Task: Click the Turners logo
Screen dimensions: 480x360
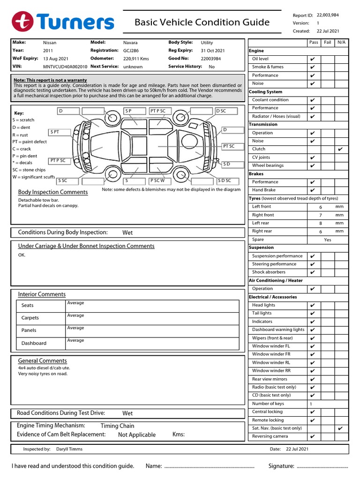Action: [63, 22]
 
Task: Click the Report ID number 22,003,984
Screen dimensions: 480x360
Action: [328, 15]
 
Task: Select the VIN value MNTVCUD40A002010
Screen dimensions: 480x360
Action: [65, 67]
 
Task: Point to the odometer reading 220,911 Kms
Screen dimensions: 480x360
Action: [136, 59]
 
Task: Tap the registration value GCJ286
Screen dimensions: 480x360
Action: [131, 51]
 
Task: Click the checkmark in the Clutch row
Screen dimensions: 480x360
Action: [340, 149]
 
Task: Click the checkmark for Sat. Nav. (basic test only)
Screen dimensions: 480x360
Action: [340, 428]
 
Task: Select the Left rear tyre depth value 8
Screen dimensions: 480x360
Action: [321, 224]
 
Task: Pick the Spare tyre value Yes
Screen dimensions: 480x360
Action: [328, 240]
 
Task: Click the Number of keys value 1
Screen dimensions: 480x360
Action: [311, 404]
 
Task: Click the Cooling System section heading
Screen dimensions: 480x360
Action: [265, 92]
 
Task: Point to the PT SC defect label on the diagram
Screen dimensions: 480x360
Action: [229, 146]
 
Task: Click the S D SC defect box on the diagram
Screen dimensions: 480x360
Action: [224, 180]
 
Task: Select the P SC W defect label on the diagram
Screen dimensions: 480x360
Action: [157, 180]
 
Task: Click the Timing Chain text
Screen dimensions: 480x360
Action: [117, 426]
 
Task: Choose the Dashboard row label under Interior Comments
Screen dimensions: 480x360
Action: [34, 343]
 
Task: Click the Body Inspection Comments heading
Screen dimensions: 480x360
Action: [53, 192]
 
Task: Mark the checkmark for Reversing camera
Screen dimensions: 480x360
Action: [312, 437]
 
